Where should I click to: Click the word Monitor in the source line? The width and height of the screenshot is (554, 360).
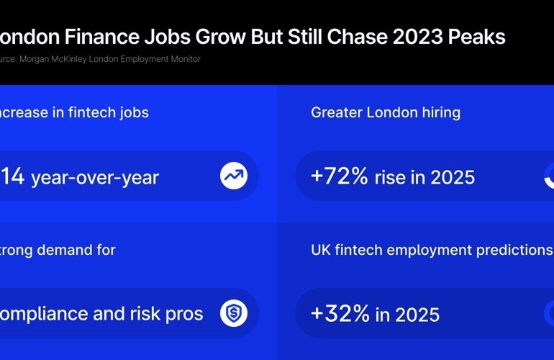point(183,59)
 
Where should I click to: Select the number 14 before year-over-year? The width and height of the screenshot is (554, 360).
point(14,176)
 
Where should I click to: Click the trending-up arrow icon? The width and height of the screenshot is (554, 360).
point(234,176)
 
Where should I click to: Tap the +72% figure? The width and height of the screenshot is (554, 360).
point(340,176)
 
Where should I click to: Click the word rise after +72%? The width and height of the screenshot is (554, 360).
point(390,176)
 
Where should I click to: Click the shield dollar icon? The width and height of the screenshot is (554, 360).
point(234,312)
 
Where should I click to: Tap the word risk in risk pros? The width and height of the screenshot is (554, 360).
point(153,313)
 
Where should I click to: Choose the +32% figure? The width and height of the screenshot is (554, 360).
point(340,314)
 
